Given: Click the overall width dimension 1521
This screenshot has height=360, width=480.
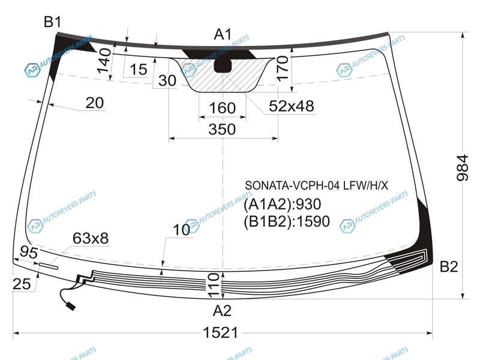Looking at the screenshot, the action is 220,332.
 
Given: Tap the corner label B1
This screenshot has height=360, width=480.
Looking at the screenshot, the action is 52,22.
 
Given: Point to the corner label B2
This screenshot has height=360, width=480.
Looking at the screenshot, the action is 449,266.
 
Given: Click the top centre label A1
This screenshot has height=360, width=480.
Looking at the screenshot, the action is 223,34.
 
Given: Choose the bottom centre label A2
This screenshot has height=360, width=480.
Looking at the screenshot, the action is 222,311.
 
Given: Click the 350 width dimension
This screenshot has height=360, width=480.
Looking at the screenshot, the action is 222,129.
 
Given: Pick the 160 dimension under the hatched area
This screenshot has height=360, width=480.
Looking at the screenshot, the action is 222,108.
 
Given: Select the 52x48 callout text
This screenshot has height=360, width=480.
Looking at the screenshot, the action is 291,106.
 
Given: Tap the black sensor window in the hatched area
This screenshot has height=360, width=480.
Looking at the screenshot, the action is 223,66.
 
